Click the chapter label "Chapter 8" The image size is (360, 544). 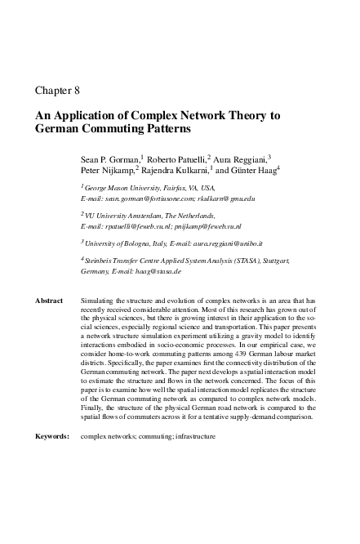tap(57, 90)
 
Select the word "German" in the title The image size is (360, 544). tap(59, 130)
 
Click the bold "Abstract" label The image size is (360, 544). tap(49, 301)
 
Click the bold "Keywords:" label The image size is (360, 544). tap(52, 436)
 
